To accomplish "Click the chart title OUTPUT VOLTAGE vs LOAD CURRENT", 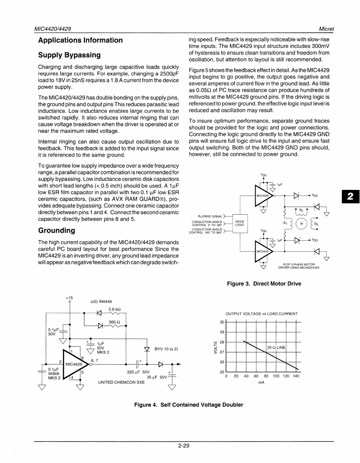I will (261, 314).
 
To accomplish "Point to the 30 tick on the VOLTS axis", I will (222, 322).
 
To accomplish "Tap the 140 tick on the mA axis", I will (296, 376).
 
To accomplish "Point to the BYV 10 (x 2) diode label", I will (166, 349).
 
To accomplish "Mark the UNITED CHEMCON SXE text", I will (121, 381).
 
